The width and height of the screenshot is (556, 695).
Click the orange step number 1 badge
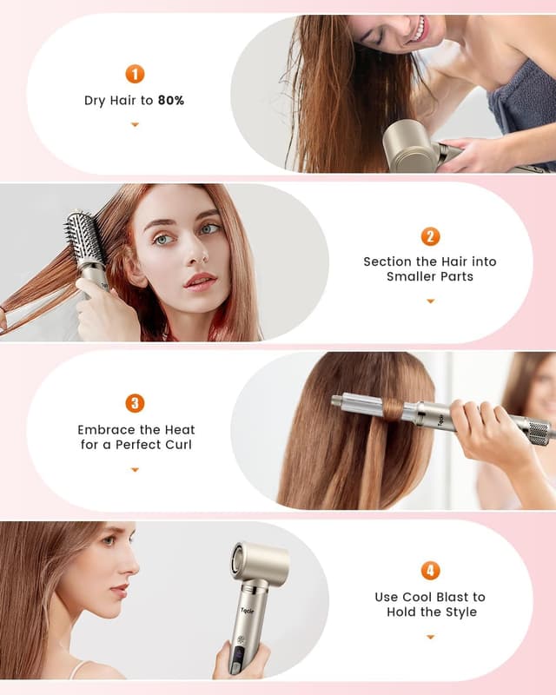(x=135, y=74)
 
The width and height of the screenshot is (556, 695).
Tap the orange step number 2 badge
(x=430, y=236)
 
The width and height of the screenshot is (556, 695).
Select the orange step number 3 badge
(x=135, y=403)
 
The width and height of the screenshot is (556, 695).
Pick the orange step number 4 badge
(x=430, y=571)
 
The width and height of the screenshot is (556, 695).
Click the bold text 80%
(x=171, y=100)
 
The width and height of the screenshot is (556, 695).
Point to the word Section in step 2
(x=386, y=261)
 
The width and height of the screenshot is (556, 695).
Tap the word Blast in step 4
(x=467, y=597)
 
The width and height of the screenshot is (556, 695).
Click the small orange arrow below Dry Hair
(x=135, y=125)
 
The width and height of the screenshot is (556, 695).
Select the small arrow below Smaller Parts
(x=430, y=301)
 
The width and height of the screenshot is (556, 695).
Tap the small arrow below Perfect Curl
(x=135, y=469)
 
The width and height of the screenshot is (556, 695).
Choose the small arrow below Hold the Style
(x=430, y=637)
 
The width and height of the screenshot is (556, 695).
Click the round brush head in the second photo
(x=83, y=239)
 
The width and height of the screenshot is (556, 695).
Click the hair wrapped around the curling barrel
(x=394, y=407)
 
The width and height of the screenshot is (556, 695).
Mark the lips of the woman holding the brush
(x=199, y=281)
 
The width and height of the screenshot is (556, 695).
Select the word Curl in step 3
(x=175, y=445)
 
